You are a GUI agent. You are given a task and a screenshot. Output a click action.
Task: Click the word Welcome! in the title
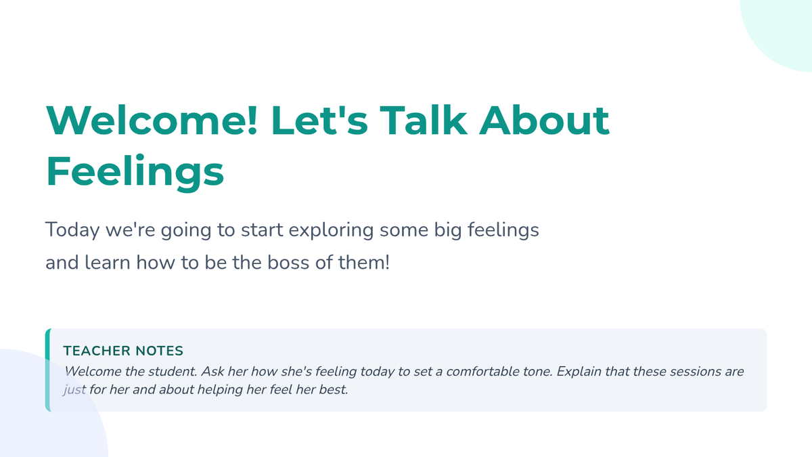(152, 120)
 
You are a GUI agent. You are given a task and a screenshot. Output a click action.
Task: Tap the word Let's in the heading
(319, 120)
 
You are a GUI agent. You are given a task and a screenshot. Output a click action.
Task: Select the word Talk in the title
(423, 120)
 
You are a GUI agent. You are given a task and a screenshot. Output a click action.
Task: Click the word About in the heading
(545, 120)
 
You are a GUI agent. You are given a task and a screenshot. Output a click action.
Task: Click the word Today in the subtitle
(72, 231)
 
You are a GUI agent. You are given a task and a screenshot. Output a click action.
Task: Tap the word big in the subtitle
(448, 231)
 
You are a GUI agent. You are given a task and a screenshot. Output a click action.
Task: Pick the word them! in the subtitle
(364, 263)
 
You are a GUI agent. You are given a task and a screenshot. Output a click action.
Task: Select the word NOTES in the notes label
(159, 351)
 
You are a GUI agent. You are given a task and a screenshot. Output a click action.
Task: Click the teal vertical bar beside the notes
(48, 370)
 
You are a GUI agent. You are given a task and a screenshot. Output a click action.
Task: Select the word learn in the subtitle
(108, 263)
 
